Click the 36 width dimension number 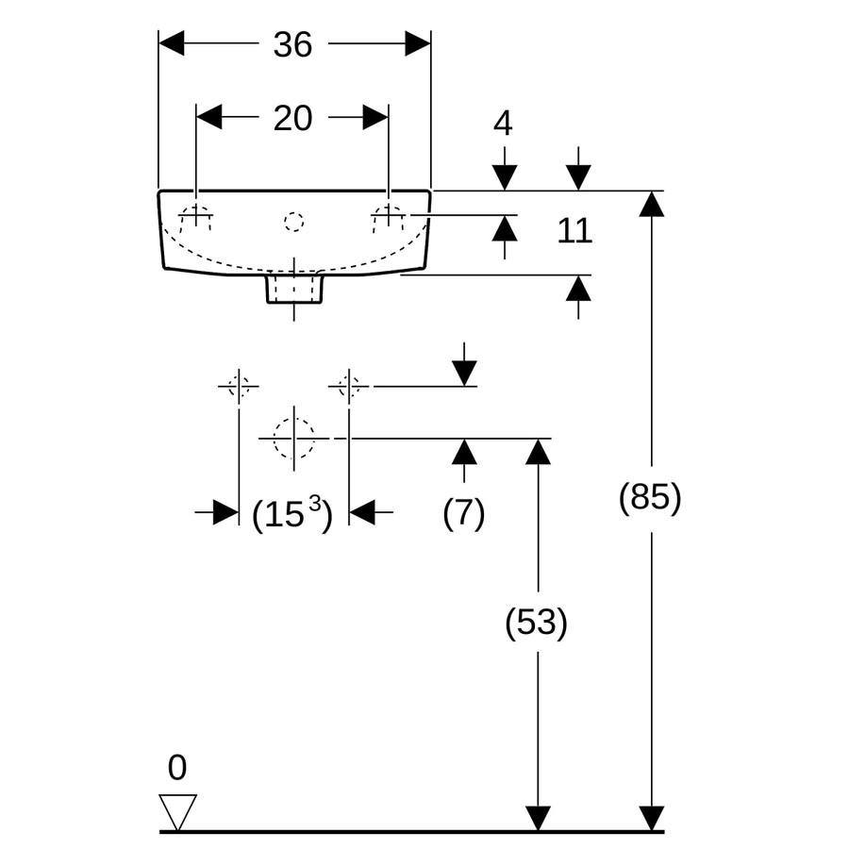tap(292, 44)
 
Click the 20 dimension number tap(292, 118)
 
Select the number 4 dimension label tap(503, 124)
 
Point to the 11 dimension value tap(574, 231)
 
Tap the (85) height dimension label tap(650, 496)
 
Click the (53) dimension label tap(536, 622)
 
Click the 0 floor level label tap(177, 767)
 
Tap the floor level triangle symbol tap(177, 812)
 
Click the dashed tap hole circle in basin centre tap(294, 222)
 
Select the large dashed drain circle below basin tap(294, 438)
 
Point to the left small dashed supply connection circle tap(239, 387)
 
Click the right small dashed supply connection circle tap(349, 387)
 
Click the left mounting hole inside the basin tap(195, 219)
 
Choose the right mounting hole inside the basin tap(389, 219)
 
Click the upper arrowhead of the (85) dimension tap(651, 204)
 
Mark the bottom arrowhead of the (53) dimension tap(538, 818)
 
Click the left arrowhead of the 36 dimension tap(171, 43)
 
